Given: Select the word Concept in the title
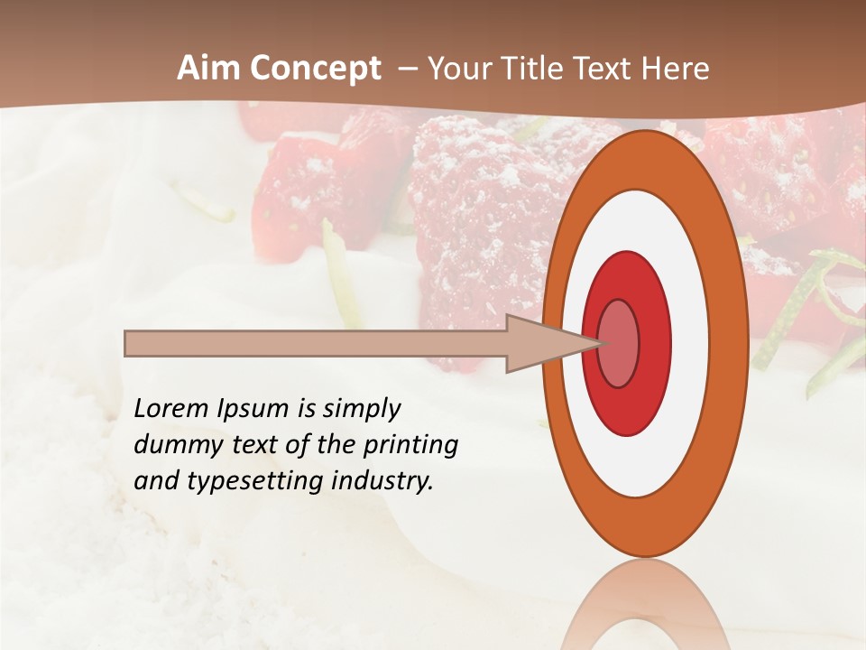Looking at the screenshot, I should click(315, 69).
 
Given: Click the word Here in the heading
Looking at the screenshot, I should click(676, 69).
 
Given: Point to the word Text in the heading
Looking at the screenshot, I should click(609, 69).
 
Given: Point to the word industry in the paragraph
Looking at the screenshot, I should click(382, 481).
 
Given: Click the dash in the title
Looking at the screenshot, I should click(407, 69).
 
